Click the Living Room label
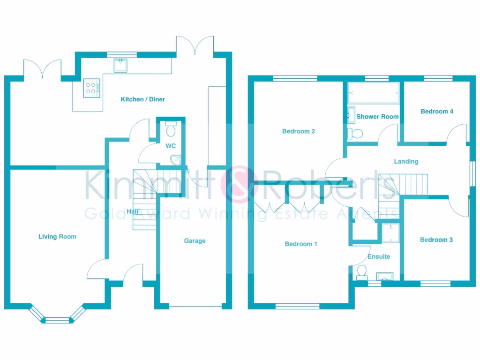[x=57, y=237]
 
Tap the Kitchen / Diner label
[x=143, y=99]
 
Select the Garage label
[x=195, y=241]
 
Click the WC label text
[x=171, y=146]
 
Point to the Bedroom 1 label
[x=301, y=244]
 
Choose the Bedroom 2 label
[x=298, y=131]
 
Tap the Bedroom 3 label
[x=436, y=240]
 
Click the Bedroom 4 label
[x=437, y=112]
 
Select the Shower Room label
[x=377, y=116]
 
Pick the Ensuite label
[x=379, y=256]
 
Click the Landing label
[x=406, y=161]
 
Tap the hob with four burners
[x=91, y=87]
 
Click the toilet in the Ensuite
[x=361, y=272]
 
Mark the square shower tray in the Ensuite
[x=390, y=233]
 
